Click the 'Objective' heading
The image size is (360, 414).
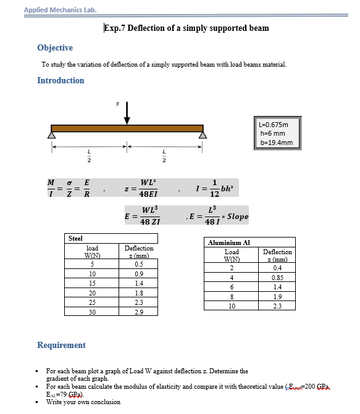click(x=55, y=48)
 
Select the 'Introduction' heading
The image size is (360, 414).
click(x=61, y=81)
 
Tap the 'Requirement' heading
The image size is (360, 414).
click(x=61, y=346)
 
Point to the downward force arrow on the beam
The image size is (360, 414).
click(x=127, y=114)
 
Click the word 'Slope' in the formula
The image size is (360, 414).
click(x=238, y=217)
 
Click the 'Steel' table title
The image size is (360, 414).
click(x=75, y=238)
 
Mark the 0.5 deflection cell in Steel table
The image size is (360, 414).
click(x=139, y=264)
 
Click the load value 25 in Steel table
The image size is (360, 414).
click(x=92, y=303)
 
